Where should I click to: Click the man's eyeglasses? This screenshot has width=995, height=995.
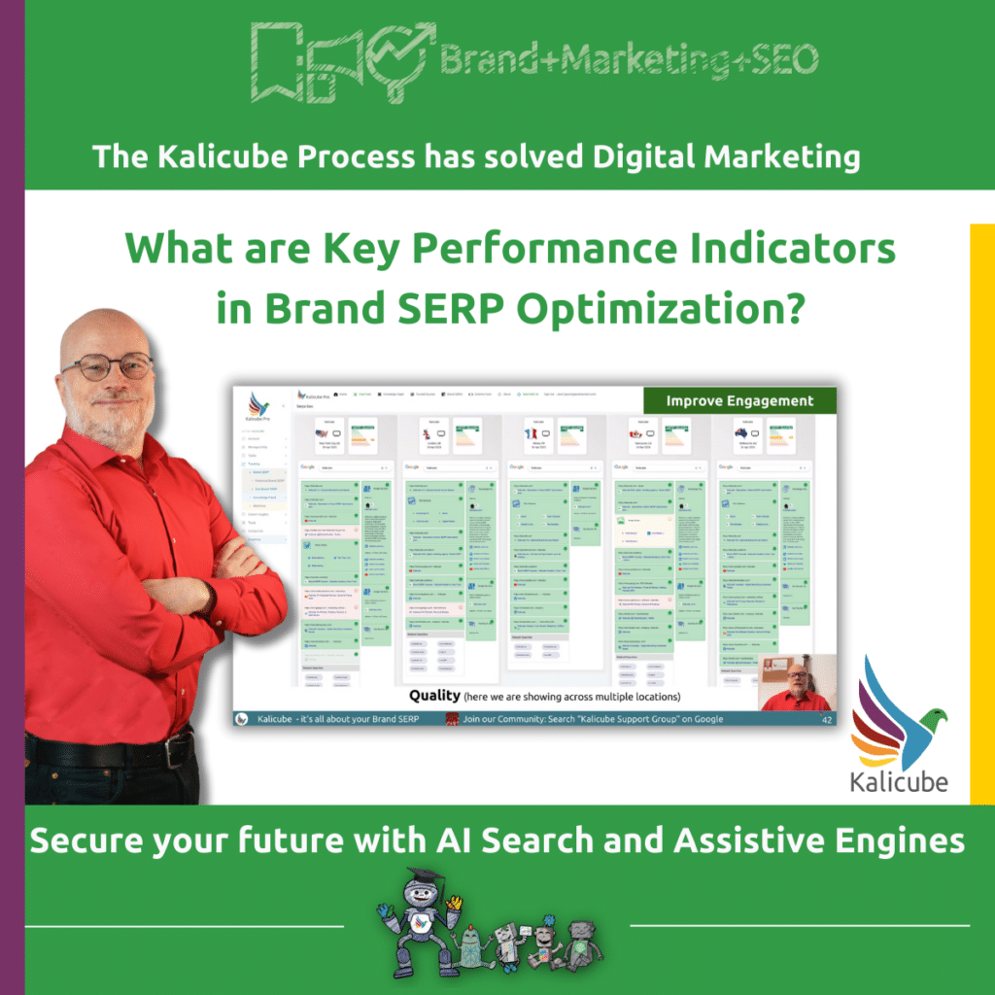pyautogui.click(x=108, y=366)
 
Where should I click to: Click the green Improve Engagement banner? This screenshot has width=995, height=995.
pyautogui.click(x=739, y=399)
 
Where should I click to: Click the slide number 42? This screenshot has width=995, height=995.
pyautogui.click(x=827, y=720)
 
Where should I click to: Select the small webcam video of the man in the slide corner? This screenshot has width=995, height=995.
pyautogui.click(x=796, y=681)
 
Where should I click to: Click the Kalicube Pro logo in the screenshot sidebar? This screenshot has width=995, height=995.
pyautogui.click(x=258, y=408)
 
